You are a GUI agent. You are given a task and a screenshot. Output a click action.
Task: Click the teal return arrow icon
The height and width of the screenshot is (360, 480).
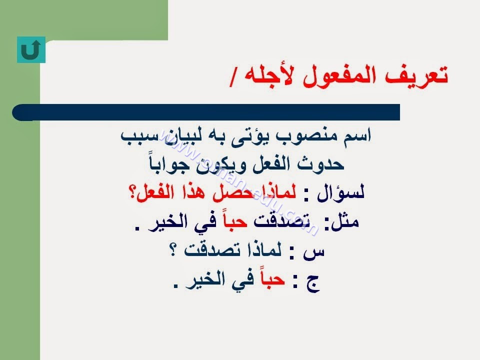click(31, 49)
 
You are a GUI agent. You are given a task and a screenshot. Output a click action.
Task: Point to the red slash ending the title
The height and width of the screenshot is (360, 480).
click(233, 79)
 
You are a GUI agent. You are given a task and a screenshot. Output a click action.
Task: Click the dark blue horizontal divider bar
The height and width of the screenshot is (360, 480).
click(206, 112)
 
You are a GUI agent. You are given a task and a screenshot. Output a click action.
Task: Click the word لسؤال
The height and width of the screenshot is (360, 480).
click(340, 193)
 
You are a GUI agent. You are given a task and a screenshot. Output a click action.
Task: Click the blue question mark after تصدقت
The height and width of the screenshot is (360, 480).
click(172, 250)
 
